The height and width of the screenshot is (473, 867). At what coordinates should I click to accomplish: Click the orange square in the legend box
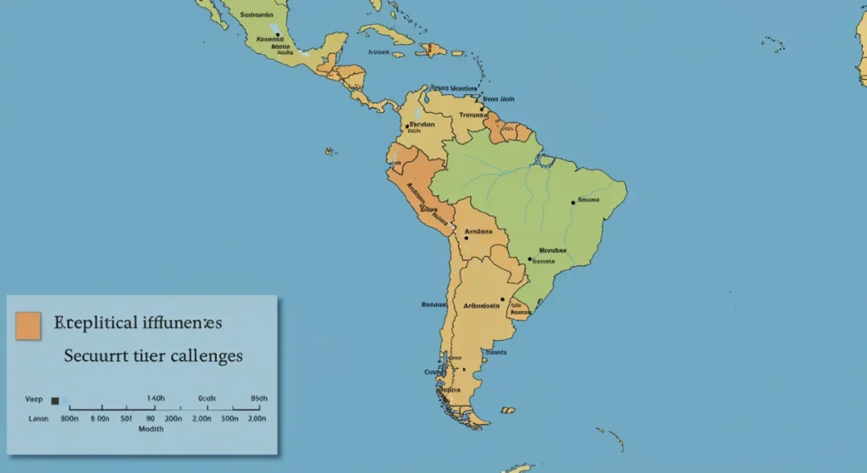click(28, 326)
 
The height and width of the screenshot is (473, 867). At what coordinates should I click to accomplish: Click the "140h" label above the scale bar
click(156, 398)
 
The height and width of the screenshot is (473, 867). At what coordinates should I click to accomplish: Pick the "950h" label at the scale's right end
click(259, 398)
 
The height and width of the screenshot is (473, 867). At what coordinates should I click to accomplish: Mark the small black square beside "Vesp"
click(55, 400)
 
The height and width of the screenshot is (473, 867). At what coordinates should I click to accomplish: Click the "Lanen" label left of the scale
click(38, 418)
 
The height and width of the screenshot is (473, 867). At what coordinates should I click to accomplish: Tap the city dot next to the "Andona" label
click(466, 238)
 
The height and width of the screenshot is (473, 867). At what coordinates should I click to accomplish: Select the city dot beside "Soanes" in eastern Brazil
click(572, 202)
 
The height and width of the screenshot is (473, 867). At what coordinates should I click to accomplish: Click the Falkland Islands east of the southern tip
click(507, 410)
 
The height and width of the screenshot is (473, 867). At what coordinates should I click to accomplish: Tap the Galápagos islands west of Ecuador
click(330, 152)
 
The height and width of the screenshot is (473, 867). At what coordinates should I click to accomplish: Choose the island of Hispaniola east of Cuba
click(434, 50)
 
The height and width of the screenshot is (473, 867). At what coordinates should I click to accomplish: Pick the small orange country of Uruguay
click(520, 310)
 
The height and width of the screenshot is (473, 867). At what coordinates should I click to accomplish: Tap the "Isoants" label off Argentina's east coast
click(496, 352)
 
